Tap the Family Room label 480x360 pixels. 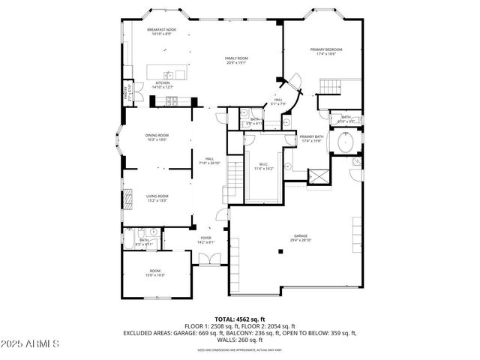point(237,61)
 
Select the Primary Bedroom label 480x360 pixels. point(326,52)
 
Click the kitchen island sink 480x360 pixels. point(169,73)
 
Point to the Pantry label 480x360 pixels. point(126,93)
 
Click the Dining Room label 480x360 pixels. point(156,137)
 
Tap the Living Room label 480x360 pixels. point(156,198)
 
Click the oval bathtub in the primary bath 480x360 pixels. point(346,142)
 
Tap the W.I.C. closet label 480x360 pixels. point(262,166)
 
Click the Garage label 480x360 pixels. point(301,238)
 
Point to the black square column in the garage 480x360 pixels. point(280,252)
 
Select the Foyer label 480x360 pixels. point(205,240)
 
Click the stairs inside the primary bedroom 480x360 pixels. point(327,91)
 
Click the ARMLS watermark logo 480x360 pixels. point(30,343)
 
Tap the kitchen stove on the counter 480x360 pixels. point(172,100)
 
